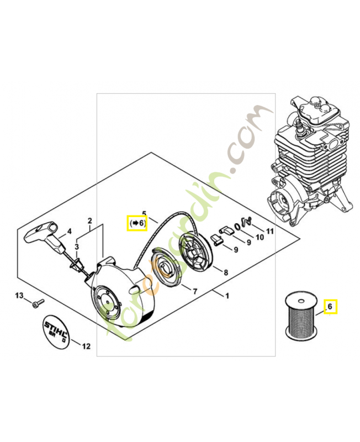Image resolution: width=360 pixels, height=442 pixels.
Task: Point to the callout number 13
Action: point(19,297)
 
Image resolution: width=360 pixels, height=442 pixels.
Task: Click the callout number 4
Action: point(69,231)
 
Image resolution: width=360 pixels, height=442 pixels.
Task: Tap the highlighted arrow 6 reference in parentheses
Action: point(136,223)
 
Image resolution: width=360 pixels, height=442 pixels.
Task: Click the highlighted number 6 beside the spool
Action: point(330,306)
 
